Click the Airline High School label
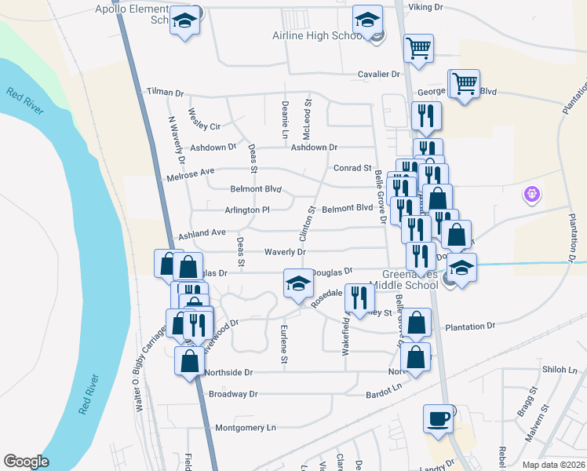coord(315,36)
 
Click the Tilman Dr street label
coord(165,92)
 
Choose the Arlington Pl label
coord(247,210)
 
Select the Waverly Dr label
coord(284,252)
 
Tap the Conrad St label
coord(352,168)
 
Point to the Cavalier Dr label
coord(379,74)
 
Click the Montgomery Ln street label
coord(246,428)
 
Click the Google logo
coord(26,462)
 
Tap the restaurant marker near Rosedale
coord(359,298)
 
